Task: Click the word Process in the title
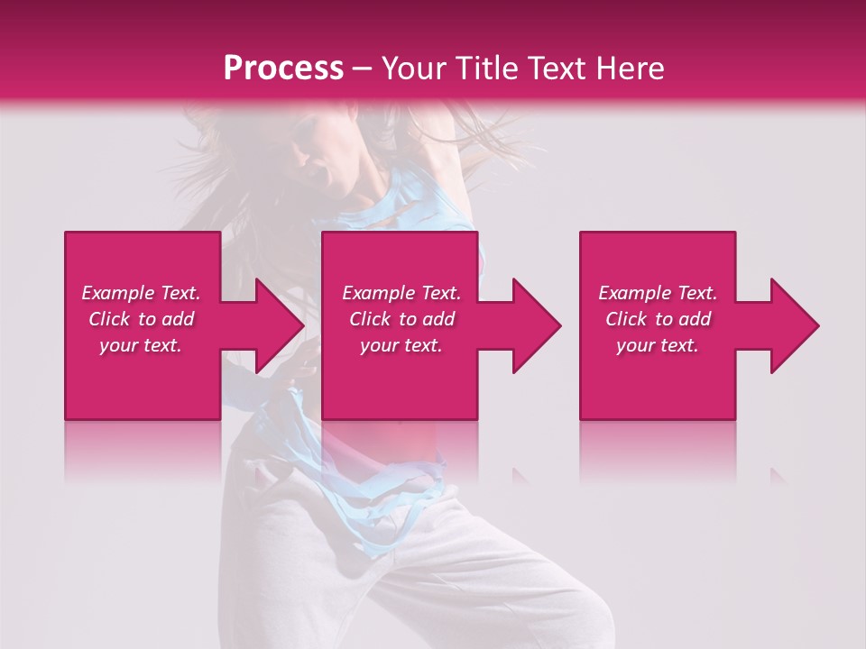[x=283, y=69]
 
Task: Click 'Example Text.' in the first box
[x=141, y=293]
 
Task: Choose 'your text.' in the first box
[x=141, y=345]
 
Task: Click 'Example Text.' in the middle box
[x=401, y=293]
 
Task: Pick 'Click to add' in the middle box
[x=401, y=319]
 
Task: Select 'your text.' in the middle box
[x=401, y=345]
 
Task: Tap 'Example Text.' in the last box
[x=658, y=293]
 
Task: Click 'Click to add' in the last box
[x=658, y=319]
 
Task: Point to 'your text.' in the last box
[x=658, y=345]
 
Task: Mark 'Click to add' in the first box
[x=141, y=319]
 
